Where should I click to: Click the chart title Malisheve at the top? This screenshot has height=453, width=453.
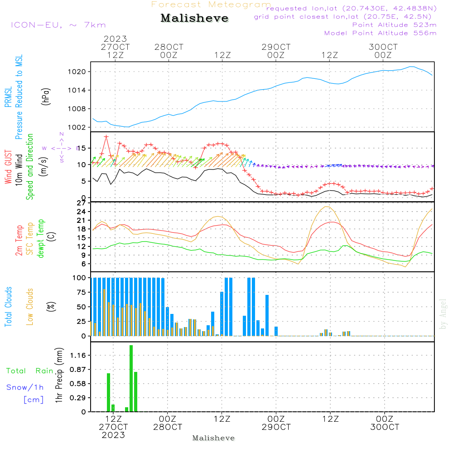pyautogui.click(x=195, y=19)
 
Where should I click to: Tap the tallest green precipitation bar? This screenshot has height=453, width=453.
pyautogui.click(x=131, y=378)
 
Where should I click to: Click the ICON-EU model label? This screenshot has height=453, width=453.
pyautogui.click(x=58, y=25)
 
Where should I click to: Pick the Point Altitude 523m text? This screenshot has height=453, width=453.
pyautogui.click(x=394, y=25)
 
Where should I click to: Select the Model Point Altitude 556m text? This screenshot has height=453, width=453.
pyautogui.click(x=381, y=33)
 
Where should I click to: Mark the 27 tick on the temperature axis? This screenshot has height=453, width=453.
pyautogui.click(x=82, y=203)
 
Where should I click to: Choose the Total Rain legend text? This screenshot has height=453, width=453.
pyautogui.click(x=29, y=371)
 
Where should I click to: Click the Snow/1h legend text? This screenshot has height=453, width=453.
pyautogui.click(x=25, y=387)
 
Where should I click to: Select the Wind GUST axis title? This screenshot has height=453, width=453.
pyautogui.click(x=8, y=168)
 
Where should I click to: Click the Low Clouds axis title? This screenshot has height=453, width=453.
pyautogui.click(x=30, y=307)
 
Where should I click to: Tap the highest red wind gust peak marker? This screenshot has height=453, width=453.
pyautogui.click(x=106, y=137)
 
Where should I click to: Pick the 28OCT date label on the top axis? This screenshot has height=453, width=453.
pyautogui.click(x=169, y=47)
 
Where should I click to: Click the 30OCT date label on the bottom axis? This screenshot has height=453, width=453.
pyautogui.click(x=385, y=427)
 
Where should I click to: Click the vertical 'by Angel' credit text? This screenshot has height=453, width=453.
pyautogui.click(x=443, y=313)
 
